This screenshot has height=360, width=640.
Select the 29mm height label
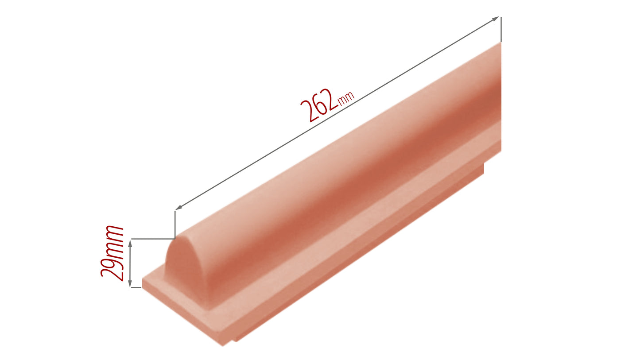pyautogui.click(x=112, y=253)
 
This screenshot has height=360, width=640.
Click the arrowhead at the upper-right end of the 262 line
pyautogui.click(x=495, y=19)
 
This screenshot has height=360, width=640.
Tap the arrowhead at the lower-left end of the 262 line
pyautogui.click(x=179, y=207)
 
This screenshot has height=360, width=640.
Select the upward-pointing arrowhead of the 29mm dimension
pyautogui.click(x=130, y=244)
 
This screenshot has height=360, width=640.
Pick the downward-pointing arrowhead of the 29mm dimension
pyautogui.click(x=130, y=283)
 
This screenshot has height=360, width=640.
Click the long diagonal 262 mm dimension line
pyautogui.click(x=337, y=113)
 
